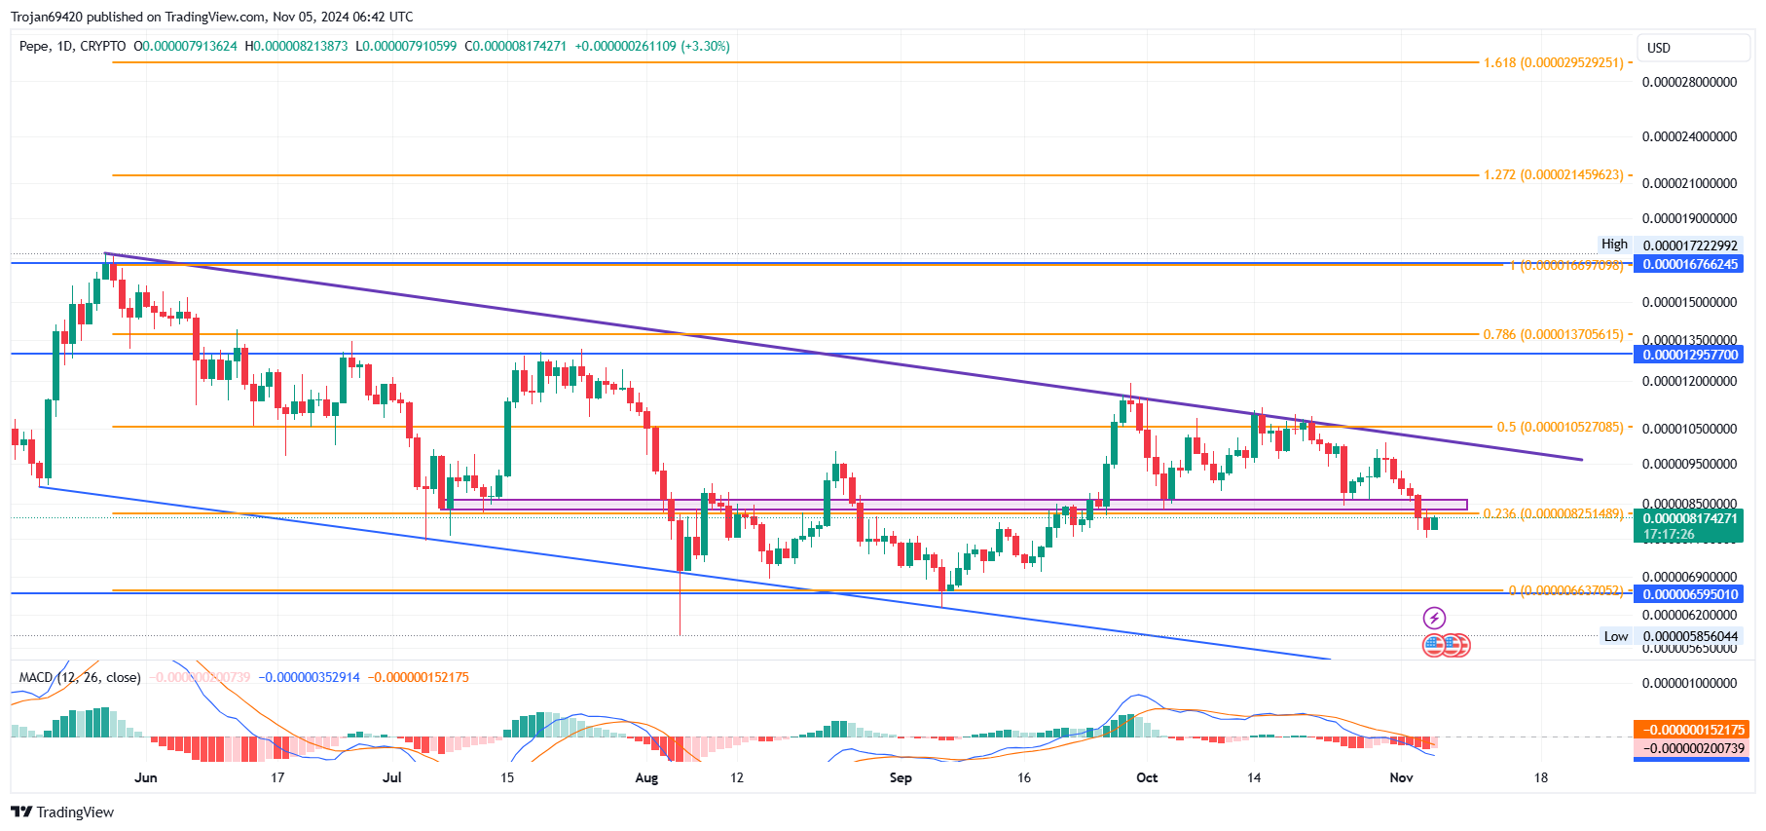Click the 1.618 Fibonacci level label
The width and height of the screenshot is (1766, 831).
click(x=1554, y=62)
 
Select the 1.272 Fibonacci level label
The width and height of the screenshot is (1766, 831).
click(x=1554, y=175)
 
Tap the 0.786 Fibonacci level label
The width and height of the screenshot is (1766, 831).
click(x=1554, y=334)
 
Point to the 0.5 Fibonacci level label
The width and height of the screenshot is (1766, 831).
click(x=1561, y=427)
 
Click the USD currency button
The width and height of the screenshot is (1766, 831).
click(x=1659, y=48)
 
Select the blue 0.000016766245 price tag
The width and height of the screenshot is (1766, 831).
click(x=1689, y=264)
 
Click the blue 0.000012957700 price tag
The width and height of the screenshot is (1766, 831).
click(x=1689, y=355)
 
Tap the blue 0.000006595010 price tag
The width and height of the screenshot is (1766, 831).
click(x=1689, y=594)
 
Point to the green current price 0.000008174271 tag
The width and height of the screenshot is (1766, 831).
click(x=1689, y=518)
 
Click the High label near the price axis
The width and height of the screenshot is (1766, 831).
click(x=1614, y=245)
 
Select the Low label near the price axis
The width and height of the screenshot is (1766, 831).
click(x=1616, y=636)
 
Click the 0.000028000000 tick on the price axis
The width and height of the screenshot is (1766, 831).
click(x=1689, y=82)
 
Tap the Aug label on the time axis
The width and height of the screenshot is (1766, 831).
click(x=646, y=777)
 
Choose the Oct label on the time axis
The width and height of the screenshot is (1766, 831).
click(x=1147, y=777)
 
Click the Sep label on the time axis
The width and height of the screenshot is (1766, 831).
click(x=901, y=777)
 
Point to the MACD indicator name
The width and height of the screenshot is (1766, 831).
click(x=36, y=677)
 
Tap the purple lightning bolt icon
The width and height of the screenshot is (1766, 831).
click(x=1434, y=618)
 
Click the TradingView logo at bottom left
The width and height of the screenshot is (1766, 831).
click(x=62, y=812)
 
